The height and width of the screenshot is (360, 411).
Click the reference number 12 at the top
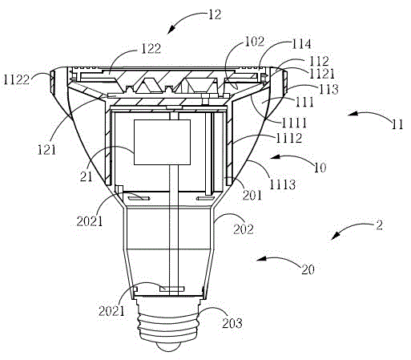[215, 14]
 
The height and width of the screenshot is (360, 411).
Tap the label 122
[151, 48]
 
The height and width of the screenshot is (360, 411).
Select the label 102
[255, 42]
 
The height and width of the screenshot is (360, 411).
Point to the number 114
[301, 43]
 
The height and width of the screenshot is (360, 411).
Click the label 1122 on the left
[17, 79]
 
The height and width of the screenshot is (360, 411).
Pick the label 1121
[322, 74]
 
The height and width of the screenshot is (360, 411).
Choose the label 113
[329, 89]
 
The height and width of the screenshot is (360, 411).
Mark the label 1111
[294, 123]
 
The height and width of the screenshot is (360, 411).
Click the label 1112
[289, 138]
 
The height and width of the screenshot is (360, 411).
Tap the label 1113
[283, 184]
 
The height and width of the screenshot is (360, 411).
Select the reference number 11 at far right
[397, 124]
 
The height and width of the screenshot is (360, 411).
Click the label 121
[47, 150]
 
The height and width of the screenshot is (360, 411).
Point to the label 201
[252, 195]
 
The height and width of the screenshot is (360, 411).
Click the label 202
[244, 229]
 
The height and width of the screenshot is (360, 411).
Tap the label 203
[232, 323]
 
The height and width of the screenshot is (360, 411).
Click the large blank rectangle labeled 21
[162, 142]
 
